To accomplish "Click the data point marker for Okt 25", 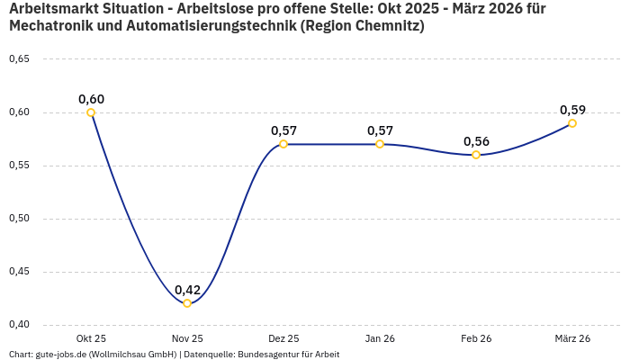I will [x=91, y=112].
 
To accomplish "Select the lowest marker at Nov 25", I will [x=187, y=303].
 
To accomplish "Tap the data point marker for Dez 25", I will [x=283, y=144].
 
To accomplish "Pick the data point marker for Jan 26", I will [x=380, y=144].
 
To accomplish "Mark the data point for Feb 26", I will [x=476, y=155].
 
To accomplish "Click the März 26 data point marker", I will [x=572, y=123].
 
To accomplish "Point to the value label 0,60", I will [x=91, y=99].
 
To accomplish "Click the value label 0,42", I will [x=187, y=290].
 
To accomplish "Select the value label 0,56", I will [x=476, y=141].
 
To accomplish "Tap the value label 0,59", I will [x=572, y=110].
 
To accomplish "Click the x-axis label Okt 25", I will [x=91, y=338].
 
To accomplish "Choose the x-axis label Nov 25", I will [x=187, y=338].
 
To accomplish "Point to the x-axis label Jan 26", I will [x=380, y=338].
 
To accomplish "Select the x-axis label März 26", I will [x=572, y=338].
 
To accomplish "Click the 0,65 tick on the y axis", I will [x=19, y=59].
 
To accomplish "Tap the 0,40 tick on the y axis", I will [x=19, y=325].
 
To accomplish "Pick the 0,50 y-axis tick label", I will [x=19, y=219].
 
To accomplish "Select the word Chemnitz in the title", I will [x=386, y=26].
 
